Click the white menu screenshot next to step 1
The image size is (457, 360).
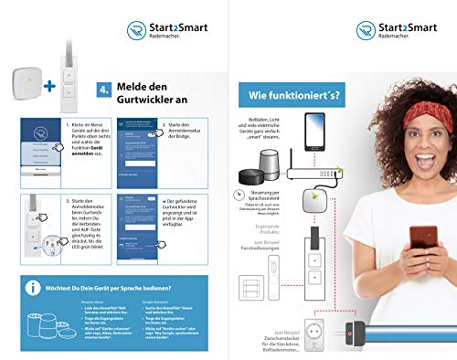tap(39, 150)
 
